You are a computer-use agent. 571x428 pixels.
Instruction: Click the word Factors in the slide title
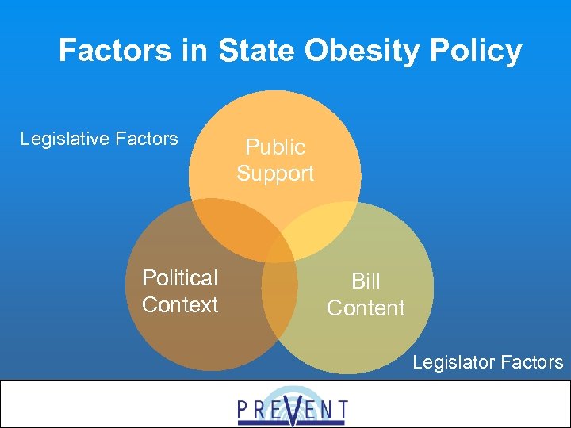[x=113, y=52]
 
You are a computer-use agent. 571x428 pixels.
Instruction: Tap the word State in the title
[x=253, y=52]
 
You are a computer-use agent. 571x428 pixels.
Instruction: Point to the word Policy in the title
[x=476, y=52]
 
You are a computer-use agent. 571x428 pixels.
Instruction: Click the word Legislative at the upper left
[x=66, y=139]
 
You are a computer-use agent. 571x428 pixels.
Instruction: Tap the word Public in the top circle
[x=274, y=147]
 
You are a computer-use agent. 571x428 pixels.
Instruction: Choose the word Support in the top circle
[x=274, y=174]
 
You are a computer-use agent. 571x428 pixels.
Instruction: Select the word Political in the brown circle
[x=179, y=278]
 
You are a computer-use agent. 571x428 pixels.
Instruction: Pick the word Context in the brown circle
[x=179, y=305]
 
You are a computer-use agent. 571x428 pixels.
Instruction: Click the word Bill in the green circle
[x=366, y=281]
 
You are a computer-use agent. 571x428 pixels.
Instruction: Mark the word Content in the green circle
[x=366, y=308]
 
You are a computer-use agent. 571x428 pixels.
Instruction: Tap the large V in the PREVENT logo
[x=293, y=410]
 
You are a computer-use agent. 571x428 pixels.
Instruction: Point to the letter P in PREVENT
[x=245, y=410]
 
